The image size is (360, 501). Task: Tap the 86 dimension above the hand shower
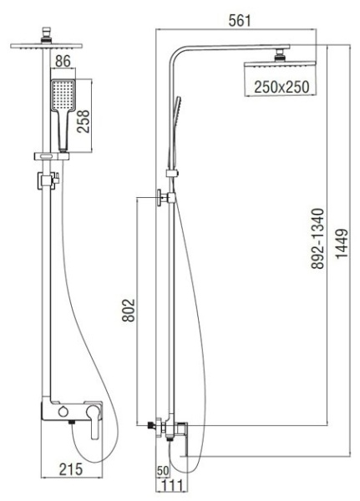pyautogui.click(x=63, y=62)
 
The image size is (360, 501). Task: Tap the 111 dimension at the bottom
pyautogui.click(x=174, y=486)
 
